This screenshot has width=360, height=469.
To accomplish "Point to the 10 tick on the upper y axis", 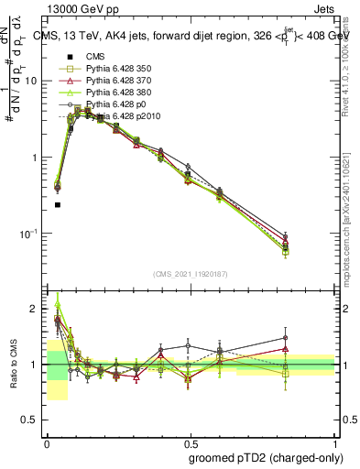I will tap(31, 81).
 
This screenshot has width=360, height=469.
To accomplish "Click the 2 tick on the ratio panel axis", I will tap(35, 309).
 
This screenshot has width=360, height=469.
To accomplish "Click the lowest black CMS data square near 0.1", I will tap(58, 205).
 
